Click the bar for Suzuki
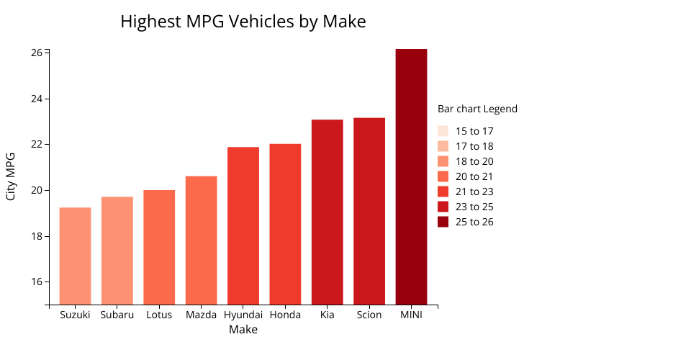click(x=75, y=256)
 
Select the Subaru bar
click(x=117, y=250)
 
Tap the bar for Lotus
click(x=159, y=246)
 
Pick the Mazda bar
click(x=201, y=240)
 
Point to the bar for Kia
click(x=327, y=212)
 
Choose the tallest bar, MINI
click(x=411, y=176)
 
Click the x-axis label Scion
click(x=369, y=315)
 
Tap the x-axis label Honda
click(x=285, y=315)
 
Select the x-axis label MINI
click(x=411, y=315)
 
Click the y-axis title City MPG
click(x=11, y=176)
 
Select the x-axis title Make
click(x=243, y=330)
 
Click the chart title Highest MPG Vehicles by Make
click(x=243, y=22)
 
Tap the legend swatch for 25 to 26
click(x=443, y=222)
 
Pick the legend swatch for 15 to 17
click(x=443, y=131)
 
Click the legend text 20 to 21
click(x=474, y=176)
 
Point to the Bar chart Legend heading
click(x=477, y=109)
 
